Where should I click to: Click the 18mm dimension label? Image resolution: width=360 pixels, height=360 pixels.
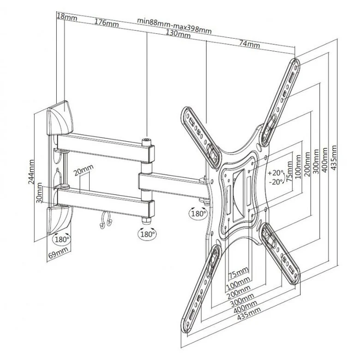coord(67,17)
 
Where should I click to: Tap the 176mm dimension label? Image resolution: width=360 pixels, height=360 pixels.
coord(107,23)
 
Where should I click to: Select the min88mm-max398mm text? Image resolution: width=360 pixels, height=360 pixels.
coord(174,25)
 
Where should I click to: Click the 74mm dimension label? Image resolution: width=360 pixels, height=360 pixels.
coord(250,44)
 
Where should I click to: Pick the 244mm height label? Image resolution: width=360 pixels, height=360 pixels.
coord(31,172)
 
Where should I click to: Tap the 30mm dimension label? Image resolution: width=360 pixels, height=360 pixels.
coord(40,193)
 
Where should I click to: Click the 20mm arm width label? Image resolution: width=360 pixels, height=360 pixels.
coord(84,170)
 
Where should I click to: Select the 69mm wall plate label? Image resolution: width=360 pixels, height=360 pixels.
coord(58,252)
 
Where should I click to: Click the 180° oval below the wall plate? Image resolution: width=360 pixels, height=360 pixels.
coord(62,239)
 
